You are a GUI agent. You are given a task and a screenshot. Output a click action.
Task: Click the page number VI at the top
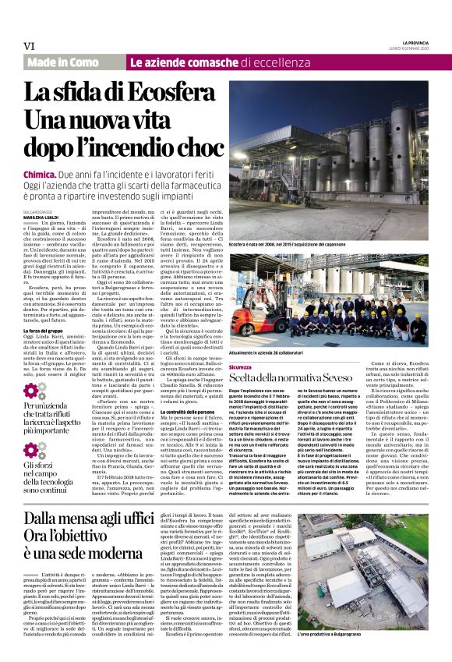pyautogui.click(x=30, y=46)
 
